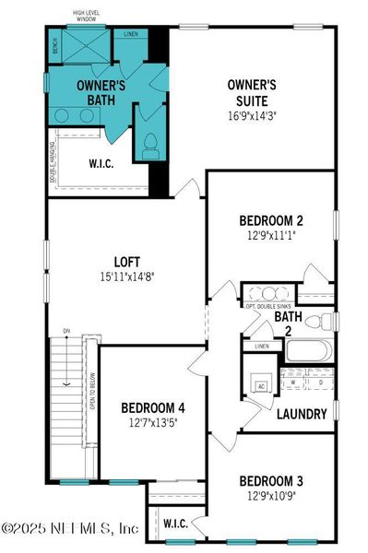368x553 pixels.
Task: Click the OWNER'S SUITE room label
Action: [253, 91]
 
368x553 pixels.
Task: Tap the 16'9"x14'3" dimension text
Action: [253, 115]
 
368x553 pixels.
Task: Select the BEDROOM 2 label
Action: [270, 220]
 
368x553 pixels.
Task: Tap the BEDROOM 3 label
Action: [270, 480]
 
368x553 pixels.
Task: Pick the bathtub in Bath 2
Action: [309, 351]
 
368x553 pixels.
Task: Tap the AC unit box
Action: [262, 386]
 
